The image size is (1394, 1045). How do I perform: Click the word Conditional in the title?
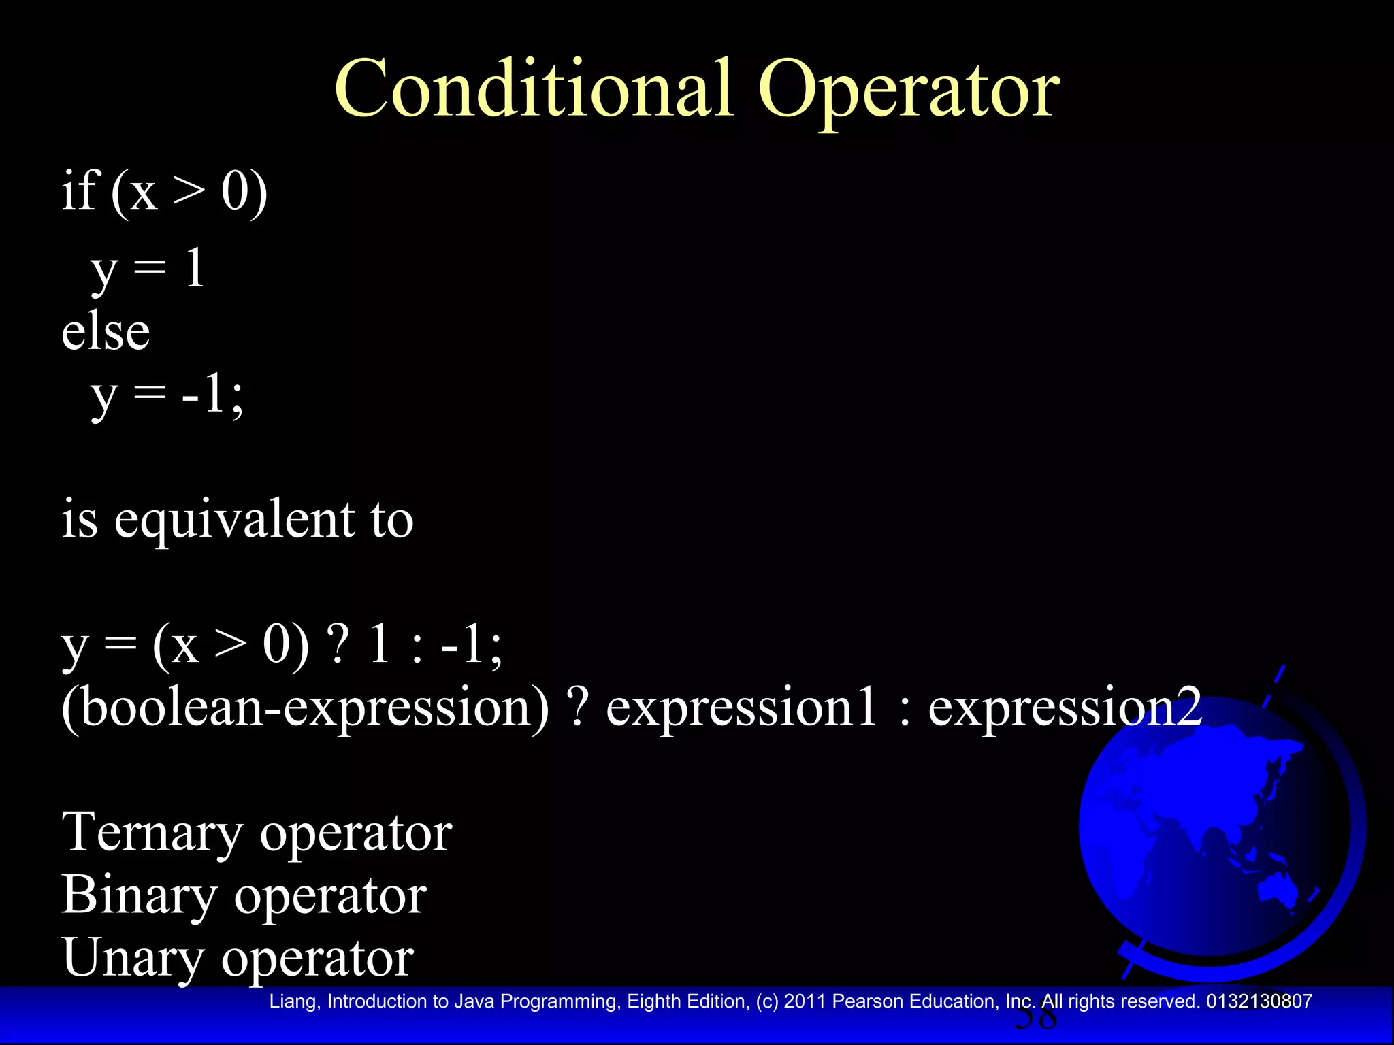click(534, 89)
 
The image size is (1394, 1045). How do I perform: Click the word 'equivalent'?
click(235, 521)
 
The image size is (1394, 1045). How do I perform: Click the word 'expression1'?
click(741, 708)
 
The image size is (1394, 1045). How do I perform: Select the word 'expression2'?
click(1065, 708)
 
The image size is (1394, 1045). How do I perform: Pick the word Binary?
click(139, 896)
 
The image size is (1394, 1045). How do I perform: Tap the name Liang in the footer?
click(292, 1001)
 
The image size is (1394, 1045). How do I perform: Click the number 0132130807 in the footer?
click(1259, 1001)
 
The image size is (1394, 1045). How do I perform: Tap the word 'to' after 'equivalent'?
click(392, 521)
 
